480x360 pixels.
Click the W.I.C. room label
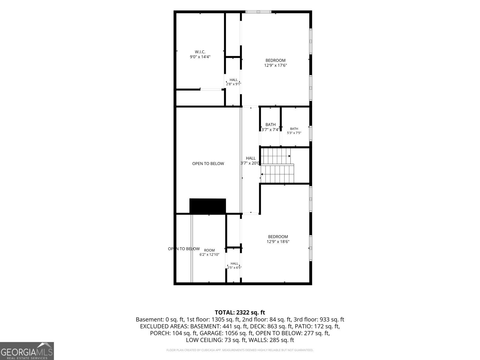tap(200, 52)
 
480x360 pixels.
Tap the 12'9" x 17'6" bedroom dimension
tap(275, 65)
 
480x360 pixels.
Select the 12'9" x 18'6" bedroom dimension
tap(278, 242)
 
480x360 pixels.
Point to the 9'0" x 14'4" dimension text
tap(200, 57)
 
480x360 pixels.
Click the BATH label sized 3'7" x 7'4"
tap(271, 124)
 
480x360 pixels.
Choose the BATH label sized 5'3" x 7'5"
tap(294, 129)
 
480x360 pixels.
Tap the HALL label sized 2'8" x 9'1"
tap(233, 80)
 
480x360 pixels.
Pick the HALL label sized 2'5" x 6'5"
tap(234, 264)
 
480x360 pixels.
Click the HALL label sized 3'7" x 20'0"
tap(250, 158)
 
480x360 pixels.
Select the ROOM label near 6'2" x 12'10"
tap(209, 250)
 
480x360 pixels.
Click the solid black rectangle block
tap(208, 206)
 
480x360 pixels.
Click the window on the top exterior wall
tap(258, 12)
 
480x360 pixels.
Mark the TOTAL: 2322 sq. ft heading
tap(240, 312)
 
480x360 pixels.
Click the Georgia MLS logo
tap(27, 351)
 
